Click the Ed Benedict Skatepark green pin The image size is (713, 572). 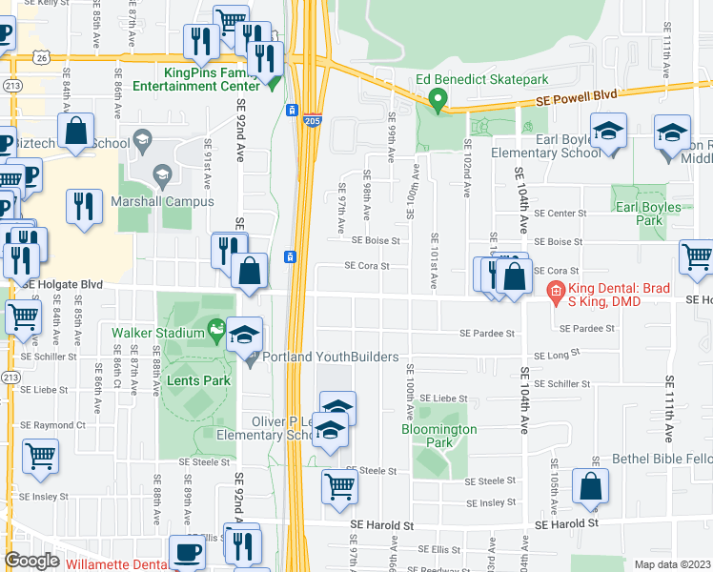438,98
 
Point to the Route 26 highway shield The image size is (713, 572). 41,57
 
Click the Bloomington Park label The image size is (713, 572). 438,436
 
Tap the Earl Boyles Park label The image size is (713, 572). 647,214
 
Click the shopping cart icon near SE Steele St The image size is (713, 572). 339,486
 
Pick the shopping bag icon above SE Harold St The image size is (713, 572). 591,486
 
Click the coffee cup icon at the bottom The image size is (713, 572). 187,552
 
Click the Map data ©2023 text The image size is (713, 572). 673,564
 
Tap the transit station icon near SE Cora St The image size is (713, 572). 290,256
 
